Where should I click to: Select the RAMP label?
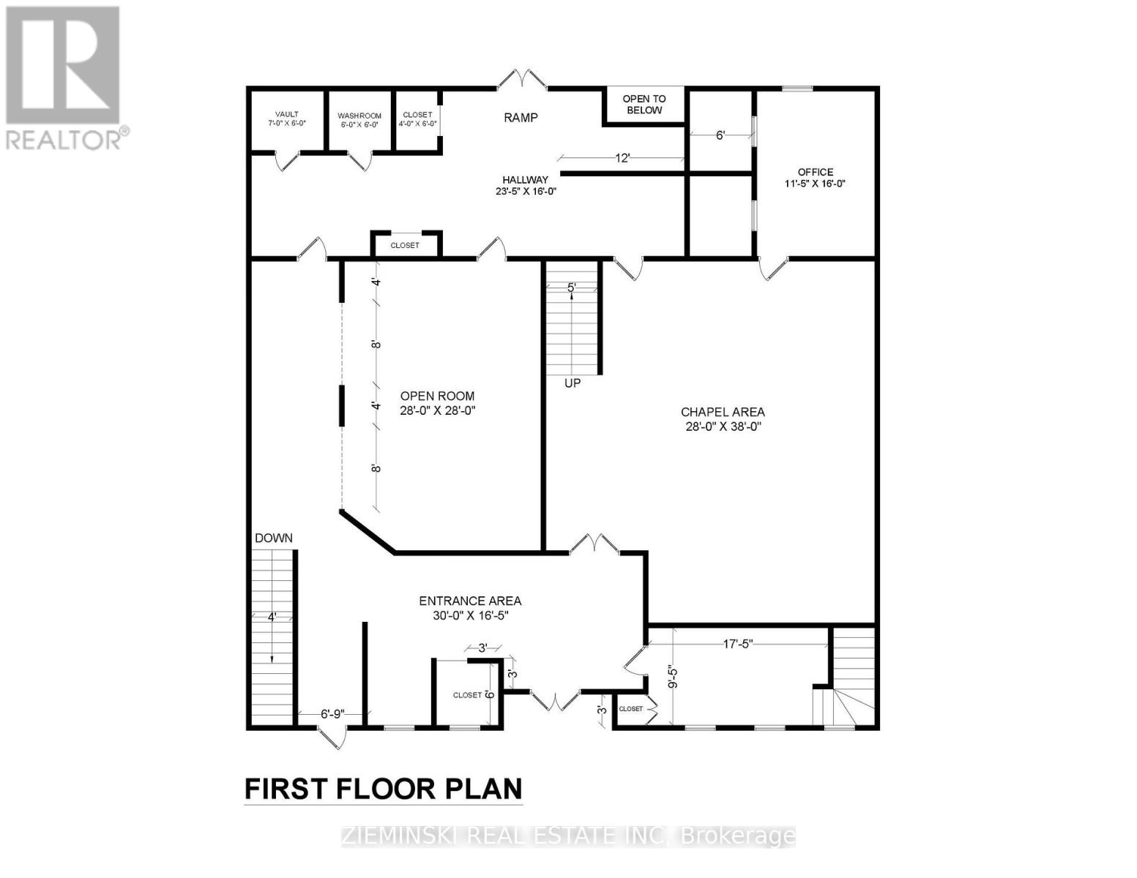[x=521, y=118]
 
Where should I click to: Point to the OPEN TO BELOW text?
[x=644, y=104]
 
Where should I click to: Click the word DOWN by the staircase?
[x=274, y=538]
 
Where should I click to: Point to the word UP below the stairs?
[x=573, y=383]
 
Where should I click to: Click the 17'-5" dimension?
[x=738, y=644]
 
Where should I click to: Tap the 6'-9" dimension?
[x=332, y=714]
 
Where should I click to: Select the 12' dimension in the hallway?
[x=622, y=158]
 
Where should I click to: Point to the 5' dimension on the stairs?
[x=572, y=288]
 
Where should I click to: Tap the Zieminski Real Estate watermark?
[x=568, y=836]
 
